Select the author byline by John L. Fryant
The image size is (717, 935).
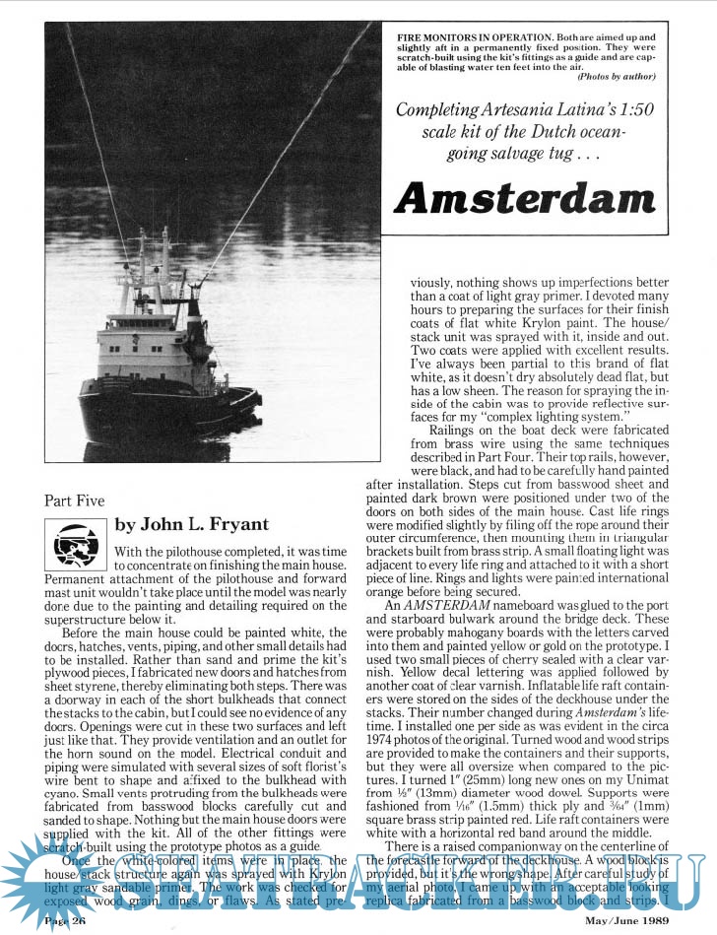[x=191, y=525]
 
